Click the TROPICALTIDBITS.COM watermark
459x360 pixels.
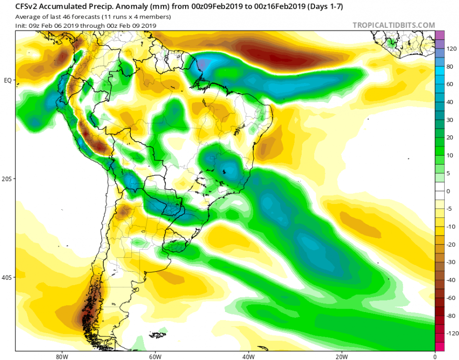394,25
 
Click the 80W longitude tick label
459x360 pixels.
60,356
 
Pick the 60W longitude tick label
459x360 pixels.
154,356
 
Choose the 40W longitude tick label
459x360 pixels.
248,356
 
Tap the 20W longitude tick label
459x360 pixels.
341,356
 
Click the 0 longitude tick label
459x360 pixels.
435,356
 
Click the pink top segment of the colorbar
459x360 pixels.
439,35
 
